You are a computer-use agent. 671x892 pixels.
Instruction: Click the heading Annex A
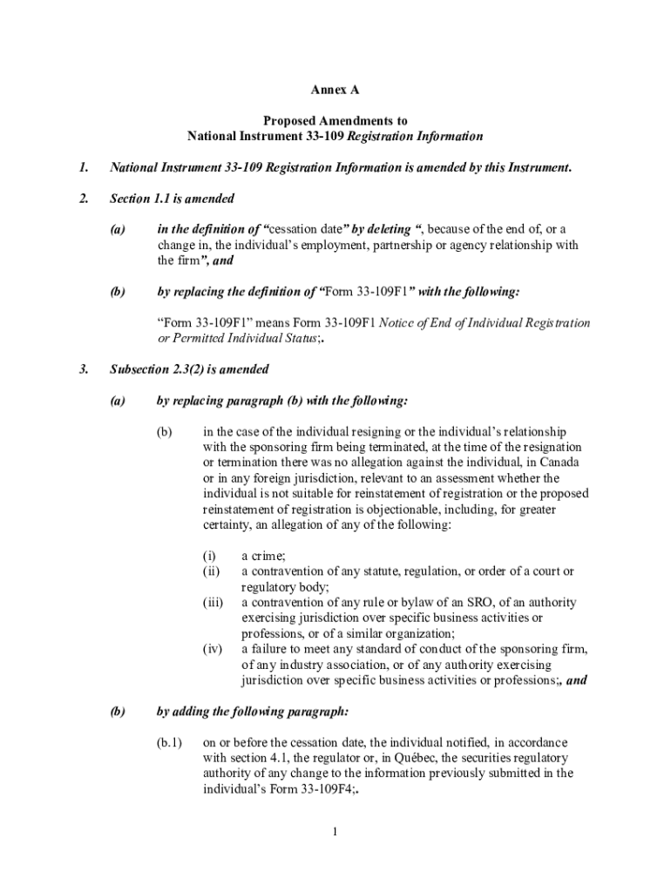335,90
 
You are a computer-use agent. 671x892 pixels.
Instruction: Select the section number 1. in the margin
85,167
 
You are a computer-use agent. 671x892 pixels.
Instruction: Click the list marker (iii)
213,602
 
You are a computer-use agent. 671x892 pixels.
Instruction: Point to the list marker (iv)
213,649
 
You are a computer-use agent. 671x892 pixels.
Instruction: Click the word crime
267,556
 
